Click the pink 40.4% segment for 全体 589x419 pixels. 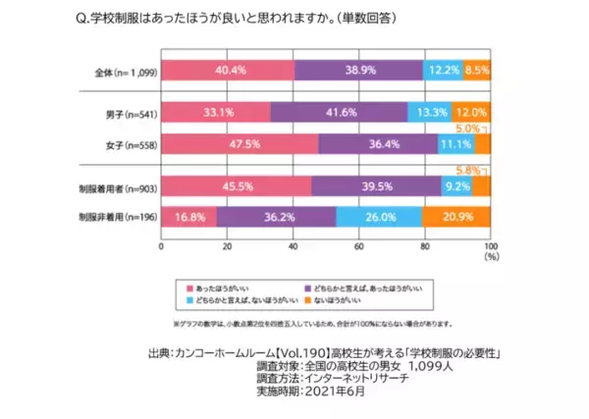[227, 71]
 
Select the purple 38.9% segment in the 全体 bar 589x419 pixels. [358, 71]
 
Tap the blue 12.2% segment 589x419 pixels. [443, 71]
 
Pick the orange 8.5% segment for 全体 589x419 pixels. [477, 71]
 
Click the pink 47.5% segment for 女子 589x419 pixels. [239, 143]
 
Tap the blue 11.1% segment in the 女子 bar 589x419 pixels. [456, 143]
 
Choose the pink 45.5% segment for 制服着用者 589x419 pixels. [236, 184]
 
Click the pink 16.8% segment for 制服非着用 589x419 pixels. [188, 216]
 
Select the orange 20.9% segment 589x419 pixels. [456, 216]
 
